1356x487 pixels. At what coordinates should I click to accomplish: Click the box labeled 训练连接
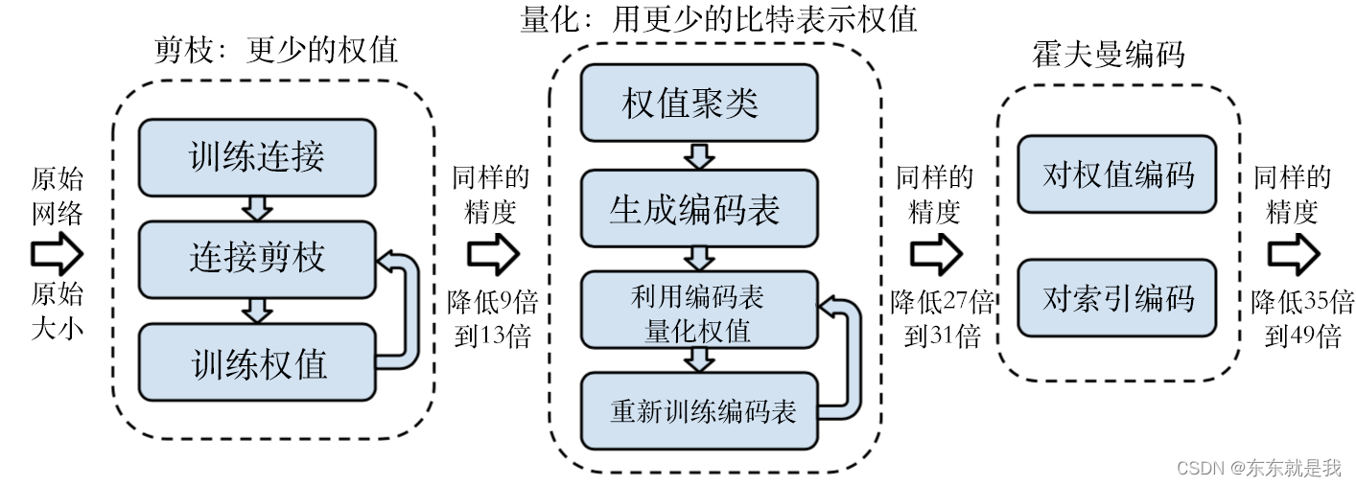256,157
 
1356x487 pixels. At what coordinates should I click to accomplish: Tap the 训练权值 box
256,362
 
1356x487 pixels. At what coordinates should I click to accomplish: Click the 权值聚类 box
699,103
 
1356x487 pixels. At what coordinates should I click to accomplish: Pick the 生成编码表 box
699,208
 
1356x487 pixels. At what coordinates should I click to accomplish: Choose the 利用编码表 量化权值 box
699,312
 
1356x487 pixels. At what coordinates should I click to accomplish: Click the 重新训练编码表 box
699,411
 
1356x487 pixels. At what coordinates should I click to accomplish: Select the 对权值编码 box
1116,174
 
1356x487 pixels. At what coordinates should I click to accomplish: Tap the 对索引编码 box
1116,298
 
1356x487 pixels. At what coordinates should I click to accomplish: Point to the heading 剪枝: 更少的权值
276,50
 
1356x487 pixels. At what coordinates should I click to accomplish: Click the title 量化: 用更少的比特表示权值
718,18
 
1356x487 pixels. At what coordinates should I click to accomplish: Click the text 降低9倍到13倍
493,318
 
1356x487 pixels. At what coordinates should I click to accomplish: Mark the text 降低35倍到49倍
1302,318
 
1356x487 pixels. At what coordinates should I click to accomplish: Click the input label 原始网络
58,196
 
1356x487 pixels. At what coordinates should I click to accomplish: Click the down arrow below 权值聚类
699,155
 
